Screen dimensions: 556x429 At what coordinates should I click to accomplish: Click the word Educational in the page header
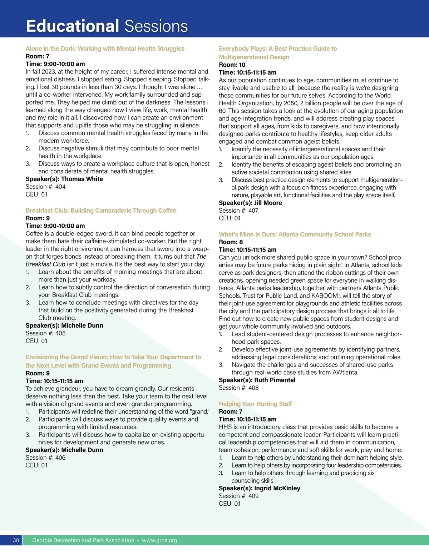point(72,26)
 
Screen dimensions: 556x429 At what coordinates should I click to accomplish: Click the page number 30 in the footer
point(16,540)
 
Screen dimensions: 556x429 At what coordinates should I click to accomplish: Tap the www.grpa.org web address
point(159,540)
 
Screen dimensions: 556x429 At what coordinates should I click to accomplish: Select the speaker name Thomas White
point(82,179)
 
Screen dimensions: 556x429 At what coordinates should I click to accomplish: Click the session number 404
point(60,187)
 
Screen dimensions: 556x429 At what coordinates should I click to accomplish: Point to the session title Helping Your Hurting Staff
point(255,404)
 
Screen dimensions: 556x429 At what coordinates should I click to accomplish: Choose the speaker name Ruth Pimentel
point(275,380)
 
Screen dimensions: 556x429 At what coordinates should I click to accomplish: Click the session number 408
point(253,388)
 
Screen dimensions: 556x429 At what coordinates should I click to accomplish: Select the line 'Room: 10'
point(232,65)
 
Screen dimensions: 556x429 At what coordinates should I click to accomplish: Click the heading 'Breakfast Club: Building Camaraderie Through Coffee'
point(101,211)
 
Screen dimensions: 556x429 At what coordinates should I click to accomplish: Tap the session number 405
point(60,333)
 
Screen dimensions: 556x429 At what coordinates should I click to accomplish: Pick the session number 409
point(253,496)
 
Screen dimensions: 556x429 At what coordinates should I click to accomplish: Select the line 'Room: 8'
point(231,242)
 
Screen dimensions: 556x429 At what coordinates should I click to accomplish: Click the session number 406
point(60,458)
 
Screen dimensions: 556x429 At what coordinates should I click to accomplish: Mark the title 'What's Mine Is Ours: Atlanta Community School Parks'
point(295,234)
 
